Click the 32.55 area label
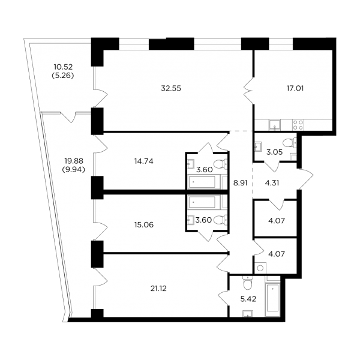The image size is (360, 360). coord(171,88)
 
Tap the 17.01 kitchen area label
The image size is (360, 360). coord(295,88)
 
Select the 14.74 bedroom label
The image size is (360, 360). coord(144,161)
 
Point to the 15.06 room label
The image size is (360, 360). coord(144,224)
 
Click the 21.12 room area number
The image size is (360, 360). coord(158,289)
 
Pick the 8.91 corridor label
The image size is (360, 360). coord(241,183)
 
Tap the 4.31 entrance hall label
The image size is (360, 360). coord(272,183)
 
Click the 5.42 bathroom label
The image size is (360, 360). coord(248,299)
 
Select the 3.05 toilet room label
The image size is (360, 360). coord(274,152)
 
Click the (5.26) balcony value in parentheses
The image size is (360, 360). coord(63,76)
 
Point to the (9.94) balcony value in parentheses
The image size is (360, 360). coord(73,169)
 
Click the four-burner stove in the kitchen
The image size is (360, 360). coord(298,125)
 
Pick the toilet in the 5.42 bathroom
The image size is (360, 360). coord(247,284)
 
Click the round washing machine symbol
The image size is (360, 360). coord(260,268)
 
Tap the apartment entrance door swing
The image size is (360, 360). coord(306,179)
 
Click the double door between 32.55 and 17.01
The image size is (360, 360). coord(248,91)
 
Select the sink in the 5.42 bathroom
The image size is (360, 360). coord(248,313)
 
